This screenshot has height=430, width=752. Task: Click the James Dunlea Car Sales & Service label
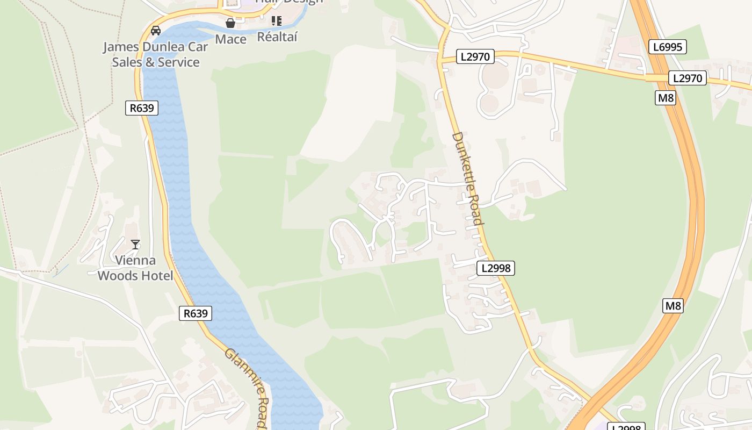tap(155, 54)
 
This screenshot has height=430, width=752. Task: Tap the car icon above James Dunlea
tap(156, 31)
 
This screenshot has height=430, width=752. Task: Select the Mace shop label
tap(230, 39)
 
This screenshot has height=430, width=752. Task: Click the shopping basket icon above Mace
tap(230, 23)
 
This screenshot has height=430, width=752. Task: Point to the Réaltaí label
tap(277, 37)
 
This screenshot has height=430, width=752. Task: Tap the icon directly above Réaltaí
tap(277, 21)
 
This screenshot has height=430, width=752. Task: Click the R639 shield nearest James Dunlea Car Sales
tap(142, 108)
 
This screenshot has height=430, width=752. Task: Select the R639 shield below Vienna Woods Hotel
tap(195, 313)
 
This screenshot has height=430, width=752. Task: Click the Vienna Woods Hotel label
tap(135, 268)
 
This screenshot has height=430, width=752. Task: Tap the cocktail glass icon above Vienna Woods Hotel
tap(135, 245)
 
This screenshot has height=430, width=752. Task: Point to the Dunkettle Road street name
tap(468, 178)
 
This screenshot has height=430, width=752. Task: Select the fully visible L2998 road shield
tap(496, 268)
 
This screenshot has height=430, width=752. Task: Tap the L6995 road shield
tap(668, 47)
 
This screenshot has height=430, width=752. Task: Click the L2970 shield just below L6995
tap(688, 78)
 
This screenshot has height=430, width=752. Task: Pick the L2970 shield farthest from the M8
tap(475, 56)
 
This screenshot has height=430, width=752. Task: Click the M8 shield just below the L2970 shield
tap(666, 98)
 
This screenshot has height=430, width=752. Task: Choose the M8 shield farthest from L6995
tap(673, 306)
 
